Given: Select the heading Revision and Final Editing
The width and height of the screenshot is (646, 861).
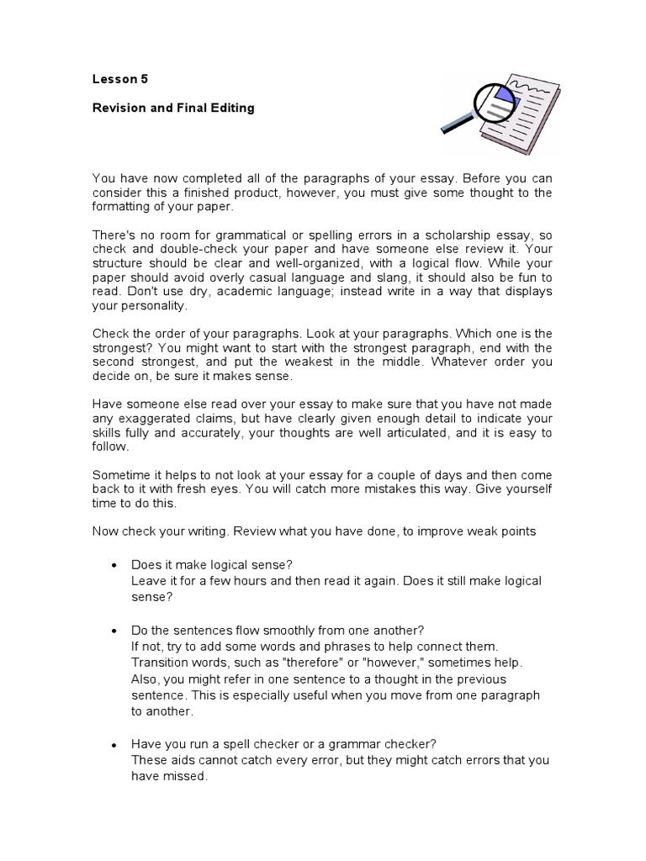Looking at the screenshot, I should coord(173,108).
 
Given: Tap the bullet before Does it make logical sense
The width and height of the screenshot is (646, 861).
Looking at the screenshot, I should coord(114,564).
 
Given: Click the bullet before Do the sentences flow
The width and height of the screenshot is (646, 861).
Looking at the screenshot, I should coord(114,631).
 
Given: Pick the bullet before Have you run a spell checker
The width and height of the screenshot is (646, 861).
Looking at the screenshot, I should coord(114,745).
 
